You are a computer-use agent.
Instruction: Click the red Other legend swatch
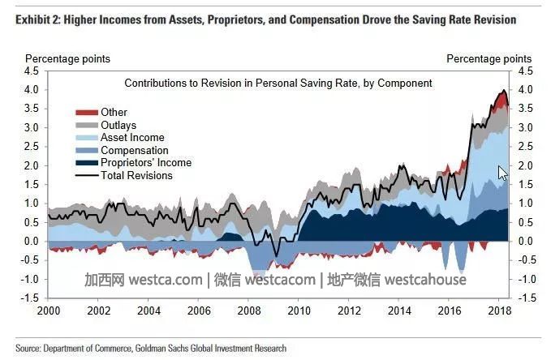pyautogui.click(x=84, y=112)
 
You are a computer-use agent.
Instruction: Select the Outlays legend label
pyautogui.click(x=118, y=125)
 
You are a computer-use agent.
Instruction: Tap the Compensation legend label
pyautogui.click(x=134, y=150)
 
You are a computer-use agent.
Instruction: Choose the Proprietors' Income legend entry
pyautogui.click(x=145, y=162)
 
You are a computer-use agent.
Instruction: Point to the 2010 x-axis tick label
pyautogui.click(x=299, y=311)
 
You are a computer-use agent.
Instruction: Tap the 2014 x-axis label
pyautogui.click(x=400, y=311)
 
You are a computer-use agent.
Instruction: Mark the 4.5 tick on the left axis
pyautogui.click(x=32, y=71)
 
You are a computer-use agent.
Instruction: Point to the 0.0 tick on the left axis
pyautogui.click(x=32, y=242)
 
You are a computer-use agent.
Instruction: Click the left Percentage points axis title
pyautogui.click(x=67, y=58)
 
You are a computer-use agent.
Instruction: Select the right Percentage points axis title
pyautogui.click(x=489, y=58)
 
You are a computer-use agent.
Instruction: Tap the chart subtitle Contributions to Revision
pyautogui.click(x=278, y=83)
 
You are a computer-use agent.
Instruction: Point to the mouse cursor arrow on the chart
pyautogui.click(x=501, y=173)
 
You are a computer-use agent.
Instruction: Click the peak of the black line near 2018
pyautogui.click(x=504, y=90)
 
